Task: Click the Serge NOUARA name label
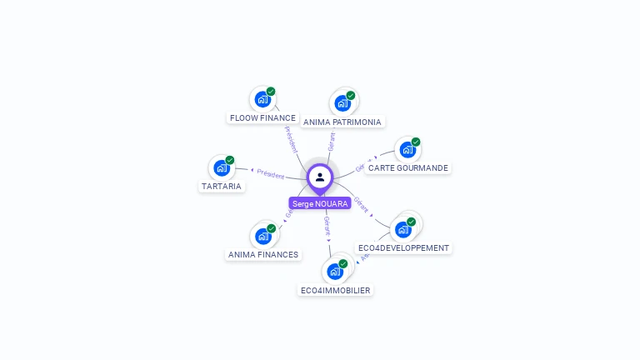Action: tap(320, 203)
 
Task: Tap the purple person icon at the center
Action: tap(320, 177)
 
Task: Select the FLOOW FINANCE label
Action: tap(262, 117)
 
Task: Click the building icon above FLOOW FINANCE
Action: tap(262, 99)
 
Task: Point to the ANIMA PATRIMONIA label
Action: tap(342, 122)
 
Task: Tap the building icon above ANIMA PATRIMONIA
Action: tap(342, 103)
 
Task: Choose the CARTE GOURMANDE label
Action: tap(407, 167)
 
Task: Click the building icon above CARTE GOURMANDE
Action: tap(407, 150)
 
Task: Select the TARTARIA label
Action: tap(222, 186)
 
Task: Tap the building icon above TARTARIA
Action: tap(222, 167)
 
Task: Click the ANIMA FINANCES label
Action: tap(263, 254)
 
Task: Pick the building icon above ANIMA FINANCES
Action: tap(263, 236)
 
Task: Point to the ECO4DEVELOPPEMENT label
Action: tap(403, 247)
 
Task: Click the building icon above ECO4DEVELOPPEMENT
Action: tap(404, 228)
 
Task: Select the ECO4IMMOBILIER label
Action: tap(335, 290)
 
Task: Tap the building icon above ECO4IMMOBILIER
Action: tap(335, 271)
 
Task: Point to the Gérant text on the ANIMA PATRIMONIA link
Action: tap(331, 141)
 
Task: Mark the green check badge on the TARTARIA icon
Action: tap(230, 160)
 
